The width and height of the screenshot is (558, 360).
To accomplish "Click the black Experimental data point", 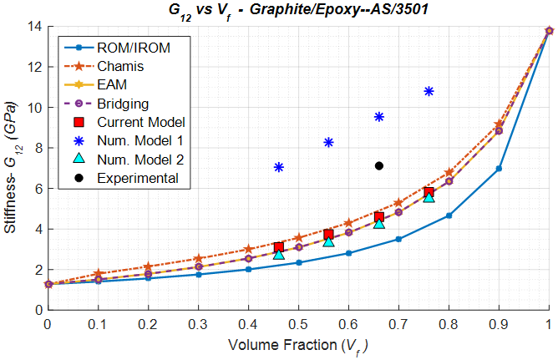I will tap(379, 166).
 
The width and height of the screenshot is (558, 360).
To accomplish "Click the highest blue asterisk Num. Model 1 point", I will tap(429, 91).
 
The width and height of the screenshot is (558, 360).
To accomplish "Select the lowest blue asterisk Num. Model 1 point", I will tap(279, 167).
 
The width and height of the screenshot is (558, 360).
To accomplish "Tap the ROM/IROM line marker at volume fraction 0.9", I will tap(499, 169).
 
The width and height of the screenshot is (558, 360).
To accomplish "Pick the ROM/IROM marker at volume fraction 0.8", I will tap(449, 215).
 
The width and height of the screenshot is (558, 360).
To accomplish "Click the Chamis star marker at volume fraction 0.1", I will tap(98, 274).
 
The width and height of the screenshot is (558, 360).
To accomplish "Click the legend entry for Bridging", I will tap(121, 104).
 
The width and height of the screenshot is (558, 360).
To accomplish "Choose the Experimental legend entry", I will tap(137, 178).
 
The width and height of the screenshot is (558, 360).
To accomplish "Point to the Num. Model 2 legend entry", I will tap(139, 159).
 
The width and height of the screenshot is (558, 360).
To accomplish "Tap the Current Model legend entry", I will tap(139, 122).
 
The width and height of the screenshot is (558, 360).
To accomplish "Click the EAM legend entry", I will tap(112, 85).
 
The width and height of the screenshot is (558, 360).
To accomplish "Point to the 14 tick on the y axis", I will tap(34, 27).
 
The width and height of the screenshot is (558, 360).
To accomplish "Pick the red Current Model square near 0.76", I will tap(429, 193).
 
